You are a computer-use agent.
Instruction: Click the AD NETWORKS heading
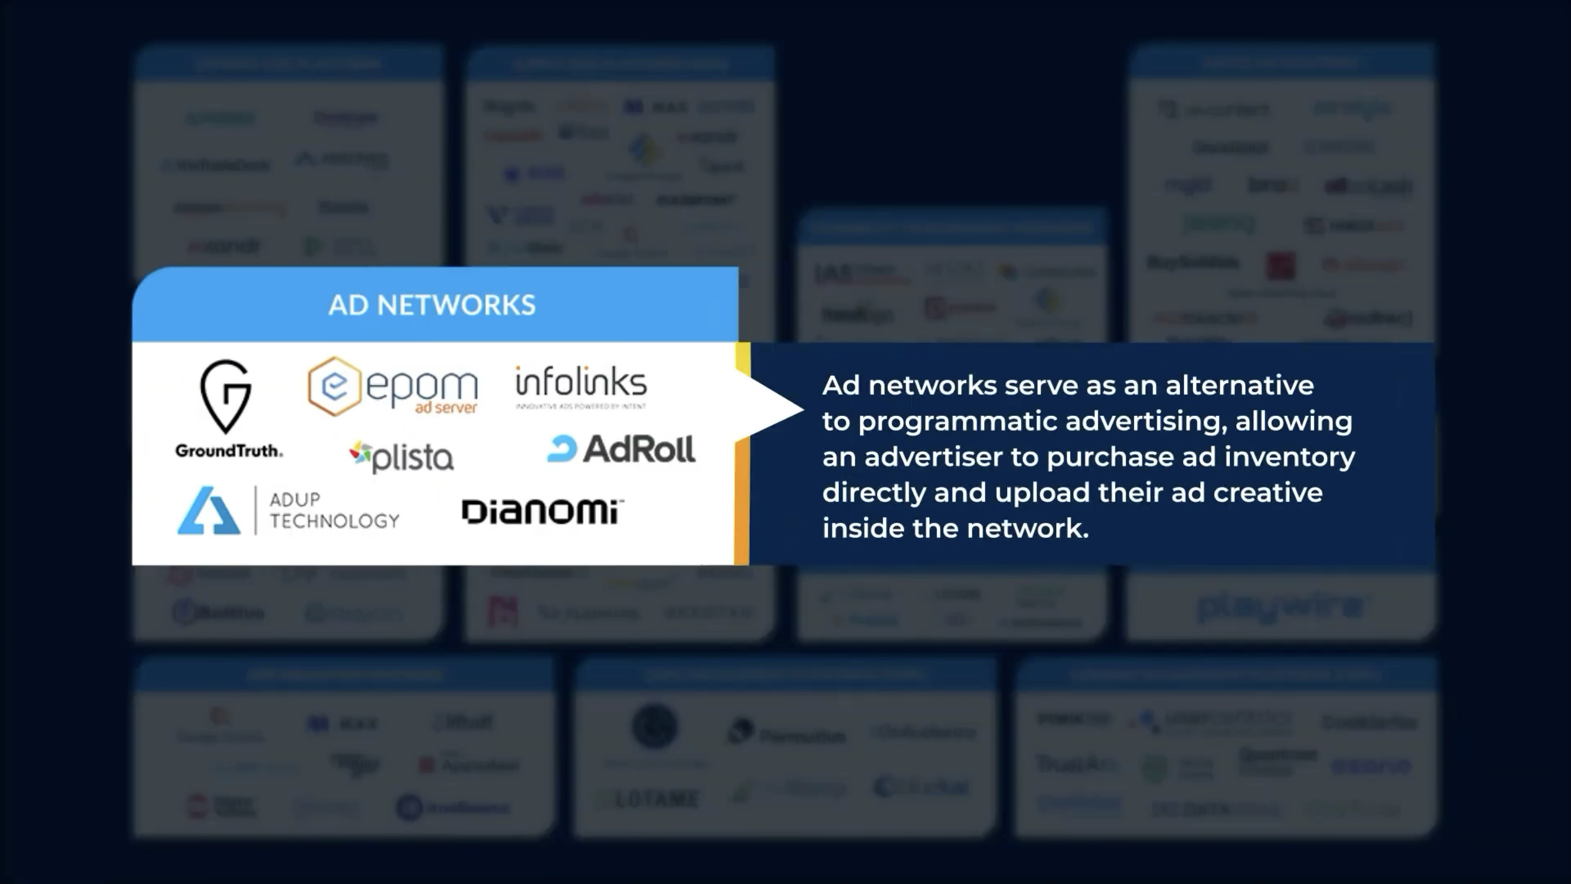pyautogui.click(x=432, y=305)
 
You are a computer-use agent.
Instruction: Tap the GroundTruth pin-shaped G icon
pyautogui.click(x=226, y=396)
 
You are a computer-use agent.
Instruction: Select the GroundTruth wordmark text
pyautogui.click(x=229, y=451)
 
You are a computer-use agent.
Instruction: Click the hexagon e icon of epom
pyautogui.click(x=333, y=386)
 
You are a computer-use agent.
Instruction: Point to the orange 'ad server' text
pyautogui.click(x=446, y=408)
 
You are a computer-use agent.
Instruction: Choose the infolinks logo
pyautogui.click(x=581, y=386)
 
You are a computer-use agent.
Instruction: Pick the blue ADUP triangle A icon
pyautogui.click(x=209, y=511)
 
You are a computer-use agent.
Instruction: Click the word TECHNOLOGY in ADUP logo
pyautogui.click(x=334, y=521)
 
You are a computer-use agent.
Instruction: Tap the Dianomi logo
pyautogui.click(x=542, y=511)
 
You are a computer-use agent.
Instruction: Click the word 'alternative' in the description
pyautogui.click(x=1240, y=385)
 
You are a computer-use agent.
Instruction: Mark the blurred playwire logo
pyautogui.click(x=1281, y=607)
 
